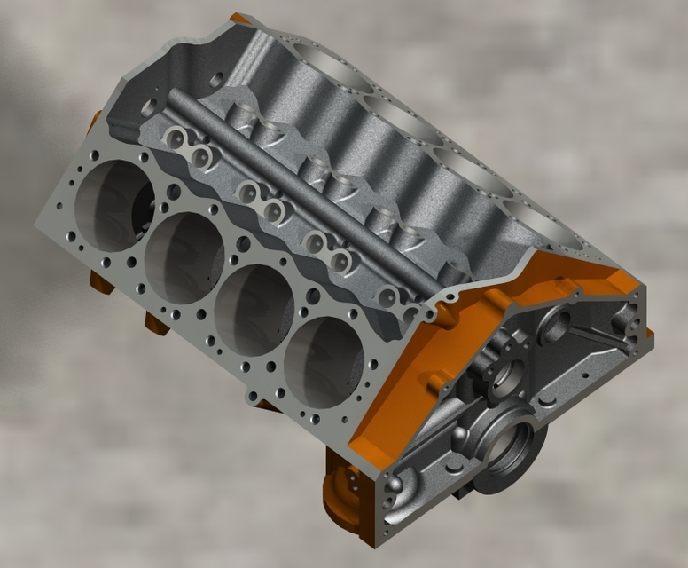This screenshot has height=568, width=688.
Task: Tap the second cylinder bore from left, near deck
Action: (x=184, y=256)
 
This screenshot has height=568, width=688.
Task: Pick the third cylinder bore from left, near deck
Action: (x=254, y=310)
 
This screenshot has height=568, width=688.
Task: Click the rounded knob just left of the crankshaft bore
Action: (x=460, y=440)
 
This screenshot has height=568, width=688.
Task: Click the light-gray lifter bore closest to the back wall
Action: (x=177, y=138)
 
